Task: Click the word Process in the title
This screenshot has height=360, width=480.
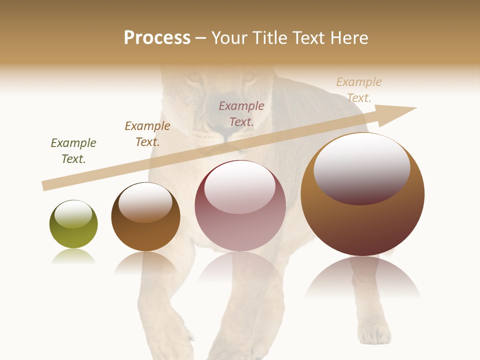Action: tap(157, 38)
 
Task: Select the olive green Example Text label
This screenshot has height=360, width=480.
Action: tap(73, 150)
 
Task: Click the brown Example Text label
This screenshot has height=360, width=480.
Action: tap(147, 133)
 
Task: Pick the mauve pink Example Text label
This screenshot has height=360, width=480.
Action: tap(241, 113)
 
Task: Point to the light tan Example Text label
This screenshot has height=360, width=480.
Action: tap(359, 89)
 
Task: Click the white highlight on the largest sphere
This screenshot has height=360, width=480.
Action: tap(362, 167)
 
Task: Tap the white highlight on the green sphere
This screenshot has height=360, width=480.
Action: tap(73, 214)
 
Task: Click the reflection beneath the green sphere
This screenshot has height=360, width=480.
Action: tap(73, 257)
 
